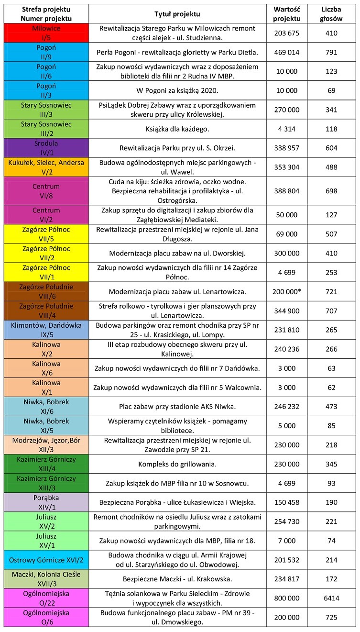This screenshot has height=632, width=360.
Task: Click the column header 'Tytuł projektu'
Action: point(177,14)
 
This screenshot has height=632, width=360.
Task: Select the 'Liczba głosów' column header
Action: point(331,14)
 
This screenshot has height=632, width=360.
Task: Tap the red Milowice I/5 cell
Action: point(46,33)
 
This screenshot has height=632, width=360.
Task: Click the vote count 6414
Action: point(331,598)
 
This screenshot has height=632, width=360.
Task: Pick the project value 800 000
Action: point(287,598)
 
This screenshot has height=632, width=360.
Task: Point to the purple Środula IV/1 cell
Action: point(46,148)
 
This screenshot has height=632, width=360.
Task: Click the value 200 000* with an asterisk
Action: point(287,291)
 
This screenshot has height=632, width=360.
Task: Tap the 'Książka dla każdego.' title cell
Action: point(177,129)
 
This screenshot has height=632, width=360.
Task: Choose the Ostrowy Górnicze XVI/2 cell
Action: point(46,559)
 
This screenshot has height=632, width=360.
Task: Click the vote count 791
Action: point(331,52)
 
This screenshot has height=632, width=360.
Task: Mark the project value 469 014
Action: point(287,52)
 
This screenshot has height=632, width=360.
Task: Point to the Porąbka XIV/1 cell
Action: point(46,502)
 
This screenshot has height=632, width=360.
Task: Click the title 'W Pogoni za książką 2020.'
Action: point(177,90)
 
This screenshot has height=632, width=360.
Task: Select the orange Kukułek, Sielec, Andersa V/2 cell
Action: point(46,167)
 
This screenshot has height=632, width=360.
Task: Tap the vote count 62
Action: point(331,388)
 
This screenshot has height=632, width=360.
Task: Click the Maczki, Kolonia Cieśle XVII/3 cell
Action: point(46,578)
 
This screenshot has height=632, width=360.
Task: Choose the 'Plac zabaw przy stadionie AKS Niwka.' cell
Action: point(177,407)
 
